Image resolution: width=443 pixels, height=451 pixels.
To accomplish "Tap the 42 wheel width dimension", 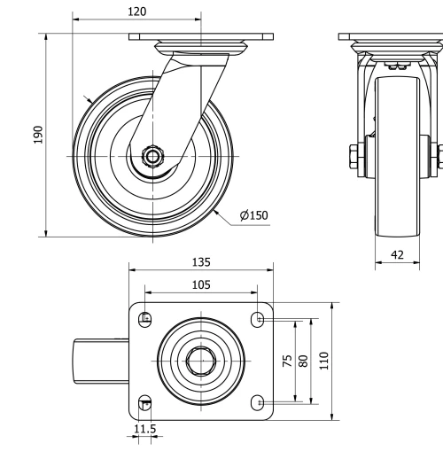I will coord(397,255).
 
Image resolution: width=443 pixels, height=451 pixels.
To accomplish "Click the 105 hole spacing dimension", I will coord(200,284).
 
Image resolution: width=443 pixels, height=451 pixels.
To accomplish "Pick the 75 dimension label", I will coord(287,361).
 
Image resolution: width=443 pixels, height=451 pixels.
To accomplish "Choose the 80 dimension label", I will coord(304,361).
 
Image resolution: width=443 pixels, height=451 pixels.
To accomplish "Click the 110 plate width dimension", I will coord(325,361).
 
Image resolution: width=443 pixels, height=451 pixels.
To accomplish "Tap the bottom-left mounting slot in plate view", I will coord(146,403).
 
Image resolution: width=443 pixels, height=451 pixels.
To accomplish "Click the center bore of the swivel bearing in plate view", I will coord(201,361).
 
